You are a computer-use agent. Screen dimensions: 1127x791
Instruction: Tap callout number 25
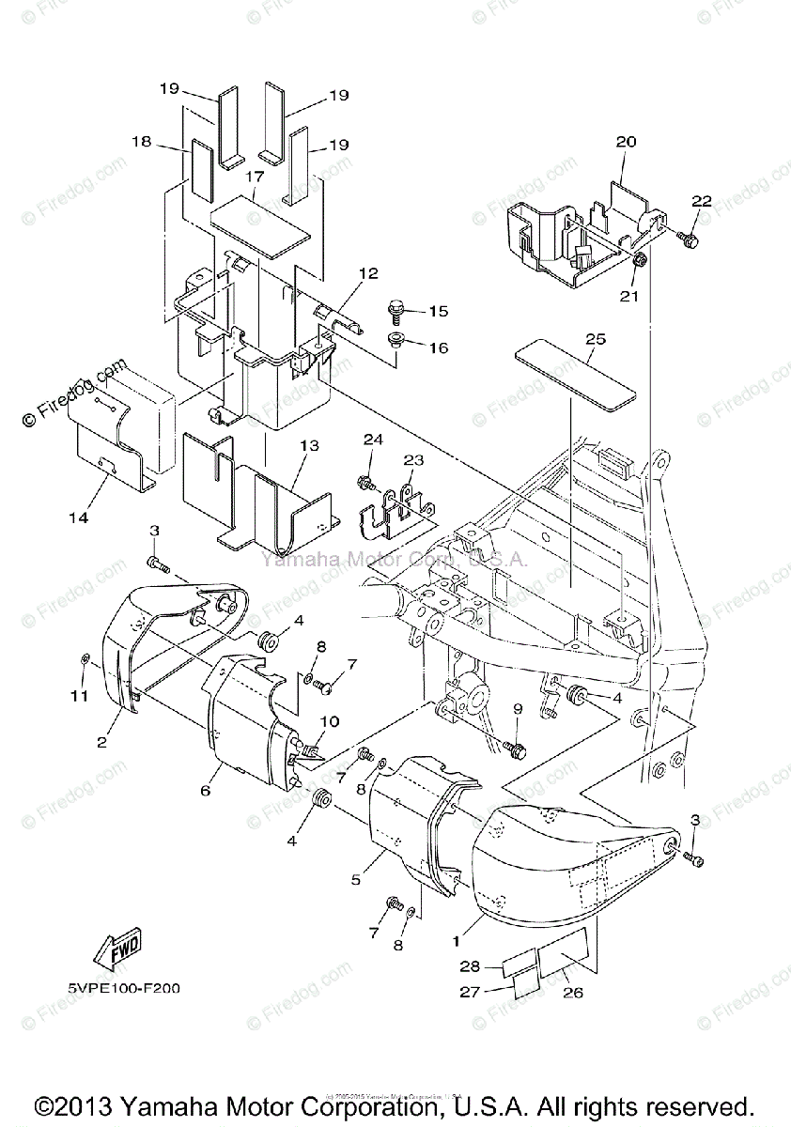pos(596,338)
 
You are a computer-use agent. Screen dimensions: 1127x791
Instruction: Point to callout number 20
pos(626,142)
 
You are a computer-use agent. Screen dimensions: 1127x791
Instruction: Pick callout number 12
pos(367,273)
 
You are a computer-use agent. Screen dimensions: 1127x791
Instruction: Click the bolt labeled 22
pos(688,242)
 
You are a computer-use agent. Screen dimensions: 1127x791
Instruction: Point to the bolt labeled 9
pos(515,749)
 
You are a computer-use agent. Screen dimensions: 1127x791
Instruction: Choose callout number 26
pos(574,992)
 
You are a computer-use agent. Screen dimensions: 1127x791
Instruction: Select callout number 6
pos(205,790)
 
